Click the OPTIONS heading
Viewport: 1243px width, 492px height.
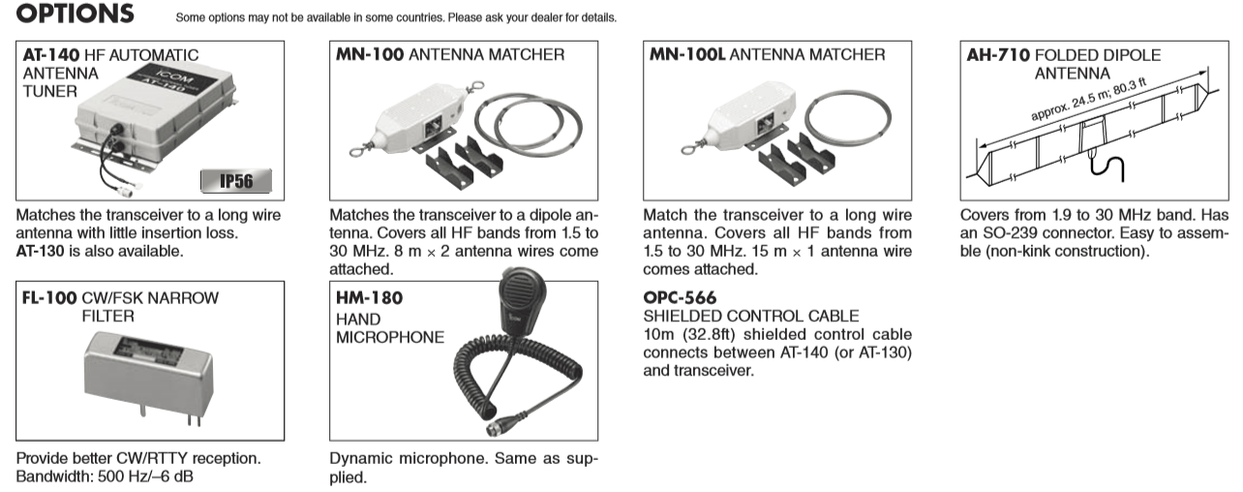click(x=76, y=15)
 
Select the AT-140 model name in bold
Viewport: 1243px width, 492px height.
click(x=51, y=56)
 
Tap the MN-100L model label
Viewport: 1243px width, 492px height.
click(x=685, y=55)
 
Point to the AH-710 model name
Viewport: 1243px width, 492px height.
click(x=997, y=56)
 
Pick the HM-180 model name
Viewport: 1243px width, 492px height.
click(x=369, y=298)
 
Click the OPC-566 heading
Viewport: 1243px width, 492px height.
click(x=680, y=297)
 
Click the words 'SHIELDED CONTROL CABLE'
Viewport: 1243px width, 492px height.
click(x=750, y=316)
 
